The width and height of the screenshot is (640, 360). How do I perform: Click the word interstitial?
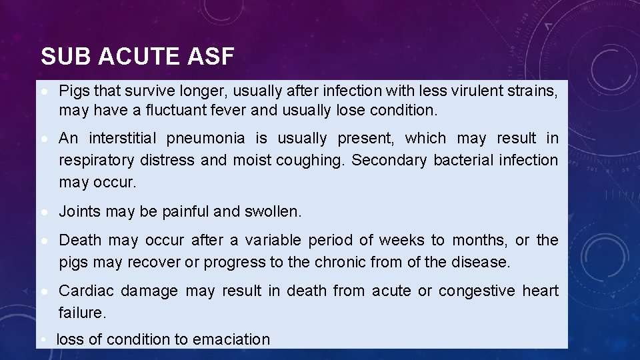pyautogui.click(x=123, y=139)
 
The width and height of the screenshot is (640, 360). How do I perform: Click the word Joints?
pyautogui.click(x=79, y=212)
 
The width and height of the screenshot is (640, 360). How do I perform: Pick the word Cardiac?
pyautogui.click(x=85, y=291)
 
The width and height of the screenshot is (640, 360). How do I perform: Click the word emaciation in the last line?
pyautogui.click(x=231, y=340)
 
